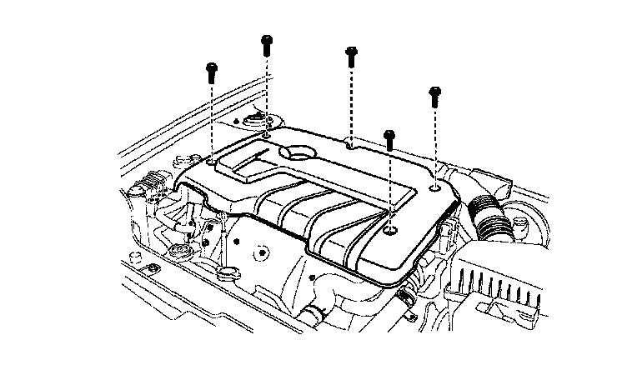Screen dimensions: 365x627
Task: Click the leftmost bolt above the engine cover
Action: coord(213,70)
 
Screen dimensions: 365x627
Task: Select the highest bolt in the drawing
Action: coord(267,43)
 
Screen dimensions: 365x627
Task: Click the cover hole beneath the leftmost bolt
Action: coord(215,160)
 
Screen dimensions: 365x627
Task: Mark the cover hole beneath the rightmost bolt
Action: coord(438,187)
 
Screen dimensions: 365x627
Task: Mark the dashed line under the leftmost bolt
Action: coord(213,117)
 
